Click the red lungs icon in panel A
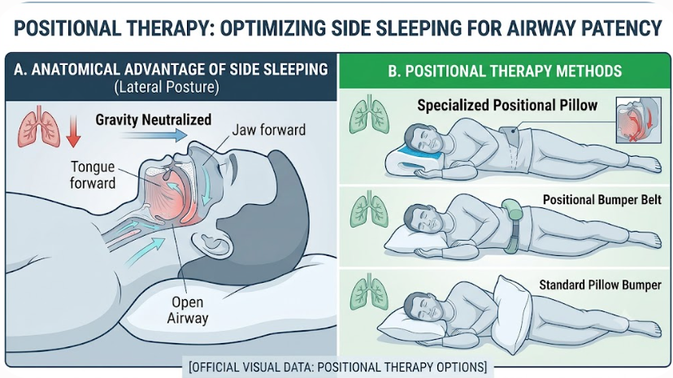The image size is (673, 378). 39,126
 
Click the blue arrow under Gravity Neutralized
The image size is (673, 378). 154,135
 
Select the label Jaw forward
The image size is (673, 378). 269,129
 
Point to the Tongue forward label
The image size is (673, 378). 93,175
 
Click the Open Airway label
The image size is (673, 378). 187,311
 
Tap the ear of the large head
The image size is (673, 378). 211,245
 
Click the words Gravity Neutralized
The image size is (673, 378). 154,119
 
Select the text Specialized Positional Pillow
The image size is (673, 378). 507,105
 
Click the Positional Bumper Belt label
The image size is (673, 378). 601,199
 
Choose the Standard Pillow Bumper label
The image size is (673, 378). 600,285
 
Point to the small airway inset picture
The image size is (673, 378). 638,119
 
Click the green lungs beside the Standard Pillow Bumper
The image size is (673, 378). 370,292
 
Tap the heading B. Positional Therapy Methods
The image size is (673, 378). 505,71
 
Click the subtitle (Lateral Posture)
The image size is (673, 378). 167,87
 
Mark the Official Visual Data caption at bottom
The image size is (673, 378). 338,367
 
